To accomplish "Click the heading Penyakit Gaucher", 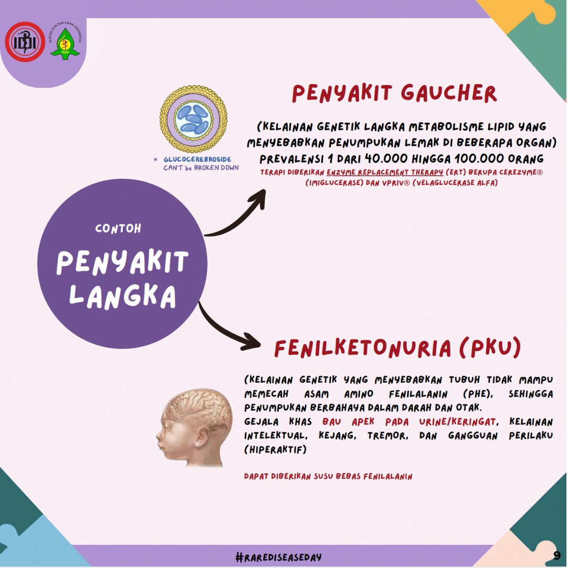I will (x=394, y=94).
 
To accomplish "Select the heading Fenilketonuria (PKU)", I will (x=398, y=348).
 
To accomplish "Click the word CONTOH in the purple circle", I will (x=118, y=229).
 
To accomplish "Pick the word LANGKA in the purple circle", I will (x=122, y=296).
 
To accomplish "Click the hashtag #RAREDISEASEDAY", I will (x=279, y=556).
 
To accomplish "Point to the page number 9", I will (x=556, y=555).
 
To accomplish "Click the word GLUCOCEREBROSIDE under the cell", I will (x=197, y=159).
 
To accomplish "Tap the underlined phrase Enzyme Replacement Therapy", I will (x=384, y=173).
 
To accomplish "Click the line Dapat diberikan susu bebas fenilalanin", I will (x=328, y=476).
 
